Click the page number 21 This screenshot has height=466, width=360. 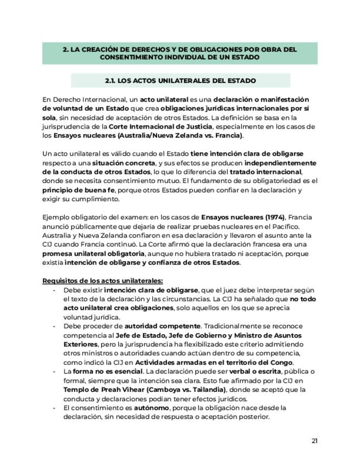314,441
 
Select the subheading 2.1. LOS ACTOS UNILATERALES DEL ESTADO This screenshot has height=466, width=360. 180,81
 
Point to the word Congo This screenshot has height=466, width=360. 280,362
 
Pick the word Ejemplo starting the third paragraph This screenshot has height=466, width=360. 57,217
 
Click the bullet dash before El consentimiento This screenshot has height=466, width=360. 54,408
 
